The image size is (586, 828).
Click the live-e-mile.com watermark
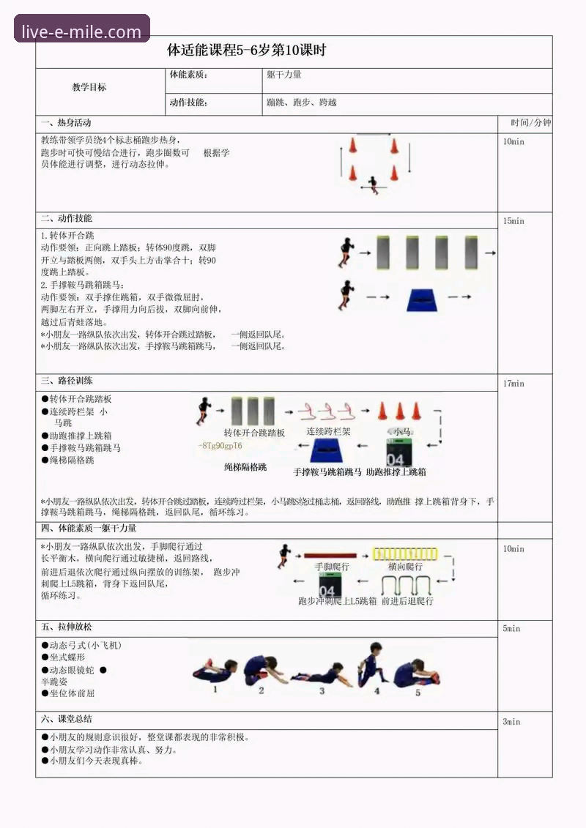tap(81, 31)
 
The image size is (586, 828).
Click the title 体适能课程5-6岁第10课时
tap(246, 51)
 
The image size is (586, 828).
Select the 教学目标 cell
tap(89, 87)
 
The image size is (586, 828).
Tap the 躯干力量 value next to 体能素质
tap(284, 75)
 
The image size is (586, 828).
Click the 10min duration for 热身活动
tap(513, 142)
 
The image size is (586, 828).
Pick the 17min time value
tap(513, 384)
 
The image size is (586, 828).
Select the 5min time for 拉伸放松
tap(511, 629)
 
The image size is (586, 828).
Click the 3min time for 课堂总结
tap(511, 722)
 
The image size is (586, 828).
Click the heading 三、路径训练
tap(67, 381)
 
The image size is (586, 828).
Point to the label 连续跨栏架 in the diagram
tap(328, 432)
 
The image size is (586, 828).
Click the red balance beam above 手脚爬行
tap(330, 555)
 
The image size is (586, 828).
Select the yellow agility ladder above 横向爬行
tap(404, 553)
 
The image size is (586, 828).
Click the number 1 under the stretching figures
tap(215, 689)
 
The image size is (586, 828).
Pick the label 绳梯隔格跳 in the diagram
tap(245, 466)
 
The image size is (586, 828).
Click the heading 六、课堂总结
tap(67, 719)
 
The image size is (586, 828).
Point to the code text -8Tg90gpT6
tap(220, 446)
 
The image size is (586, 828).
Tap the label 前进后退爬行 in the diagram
tap(407, 601)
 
